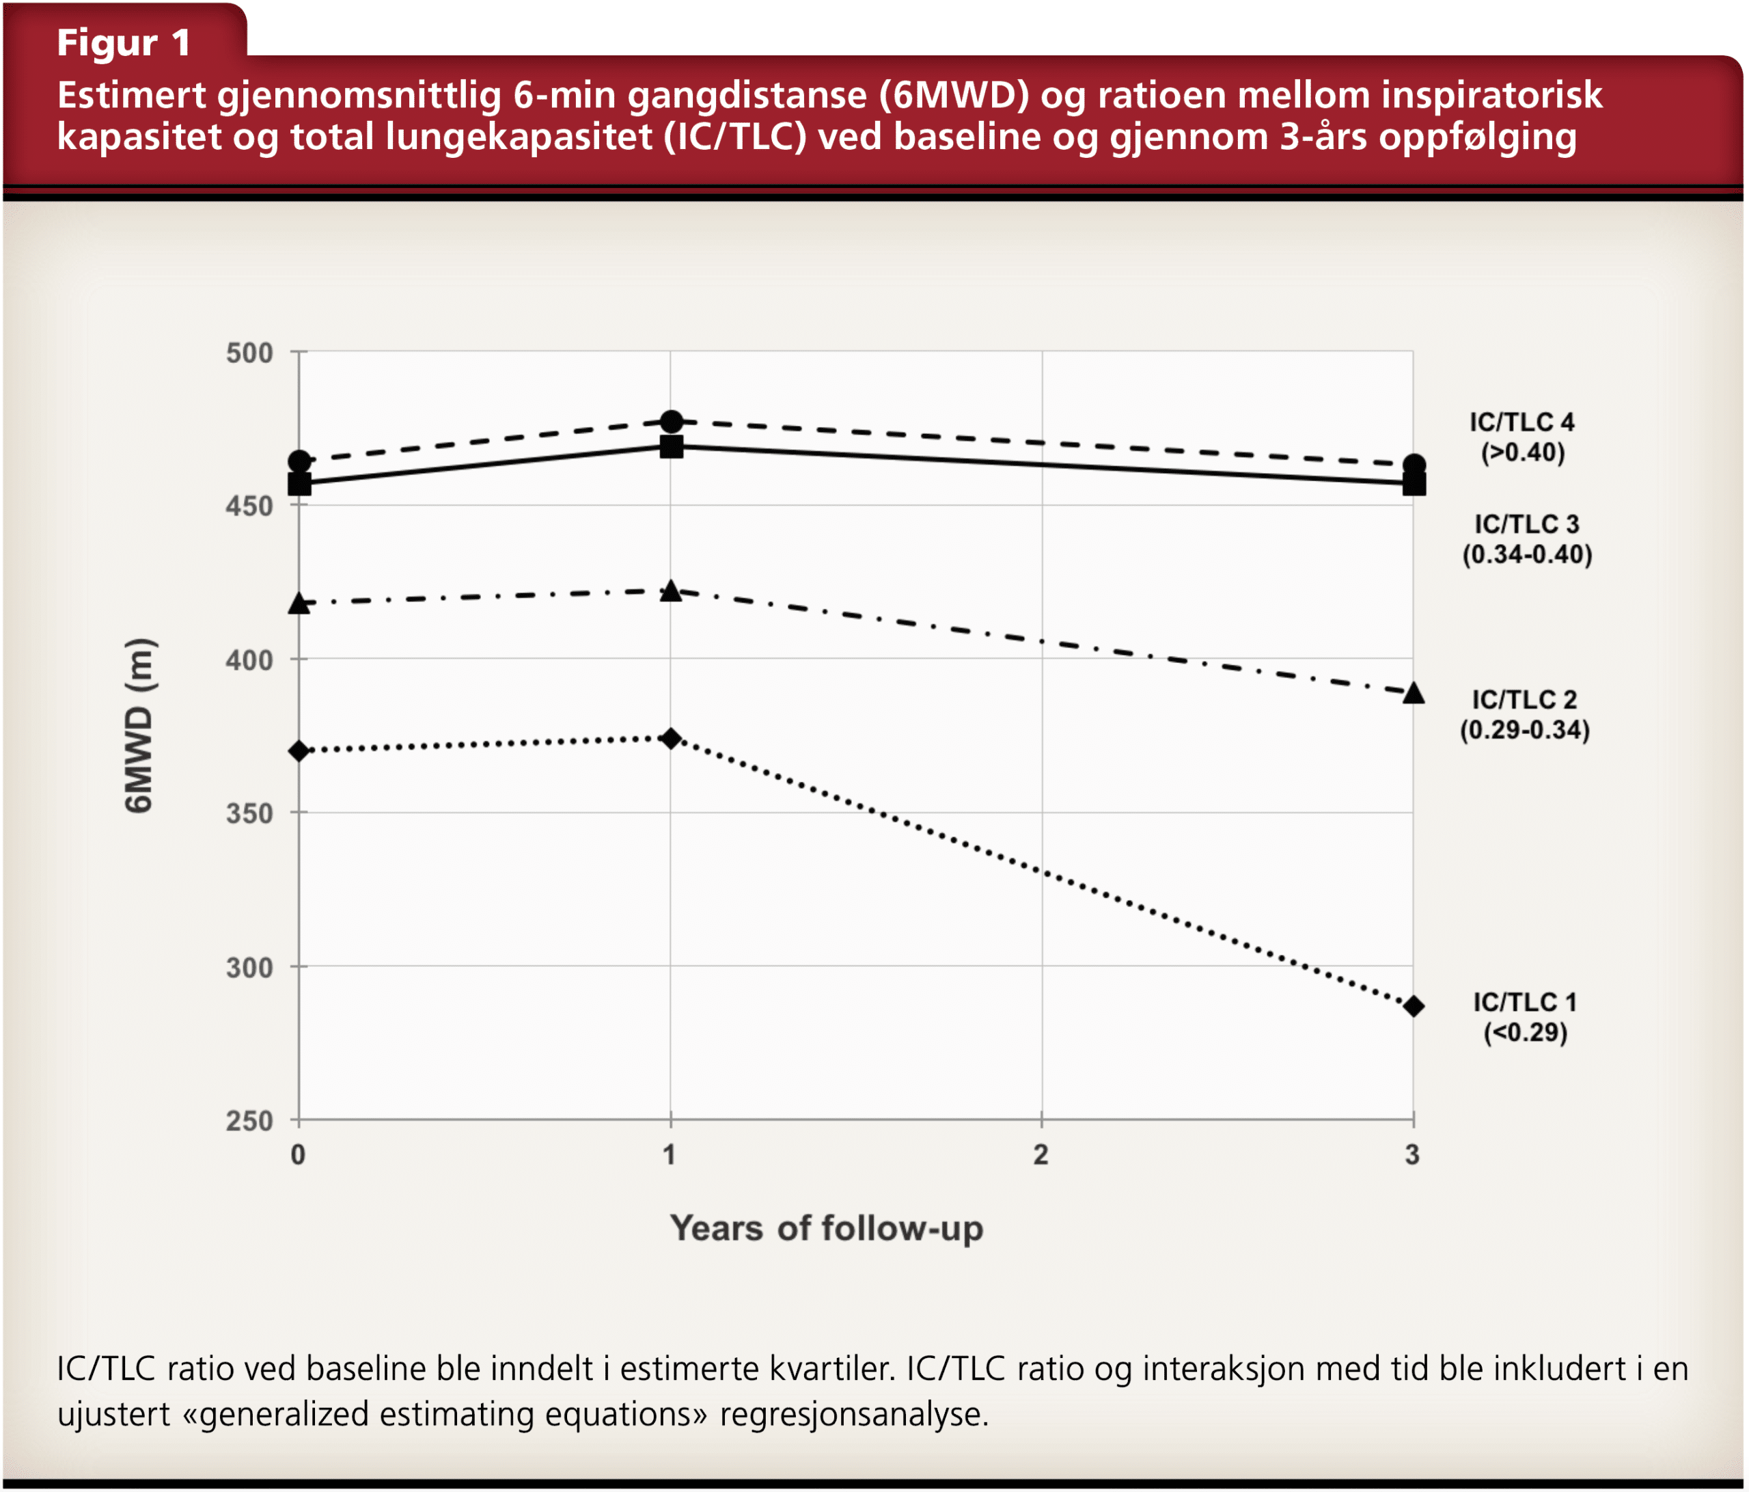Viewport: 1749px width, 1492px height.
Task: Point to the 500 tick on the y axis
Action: (x=249, y=353)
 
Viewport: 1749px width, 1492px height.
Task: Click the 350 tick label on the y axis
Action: (x=249, y=814)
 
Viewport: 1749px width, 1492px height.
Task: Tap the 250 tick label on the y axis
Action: (x=249, y=1122)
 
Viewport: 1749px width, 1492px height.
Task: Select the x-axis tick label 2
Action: (x=1041, y=1155)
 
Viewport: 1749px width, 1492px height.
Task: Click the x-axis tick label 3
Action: (x=1412, y=1155)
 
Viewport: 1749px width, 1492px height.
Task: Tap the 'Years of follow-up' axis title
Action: (x=827, y=1229)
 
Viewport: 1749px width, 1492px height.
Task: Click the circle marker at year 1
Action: (x=671, y=420)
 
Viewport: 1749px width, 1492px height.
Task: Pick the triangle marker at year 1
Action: (x=671, y=591)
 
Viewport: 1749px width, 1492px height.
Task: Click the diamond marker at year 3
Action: (x=1414, y=1007)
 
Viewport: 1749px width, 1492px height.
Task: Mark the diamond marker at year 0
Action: (x=299, y=750)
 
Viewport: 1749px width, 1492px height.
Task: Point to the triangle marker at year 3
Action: (x=1414, y=693)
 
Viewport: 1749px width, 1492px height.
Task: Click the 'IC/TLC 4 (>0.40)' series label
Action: (x=1522, y=437)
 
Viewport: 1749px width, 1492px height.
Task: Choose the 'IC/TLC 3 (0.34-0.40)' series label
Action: (x=1526, y=539)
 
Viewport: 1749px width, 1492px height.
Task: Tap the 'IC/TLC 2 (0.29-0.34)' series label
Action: (x=1524, y=715)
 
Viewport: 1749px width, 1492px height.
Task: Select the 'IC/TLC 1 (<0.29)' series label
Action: (x=1524, y=1018)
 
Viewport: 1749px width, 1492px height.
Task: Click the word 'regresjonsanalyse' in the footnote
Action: (x=853, y=1413)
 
